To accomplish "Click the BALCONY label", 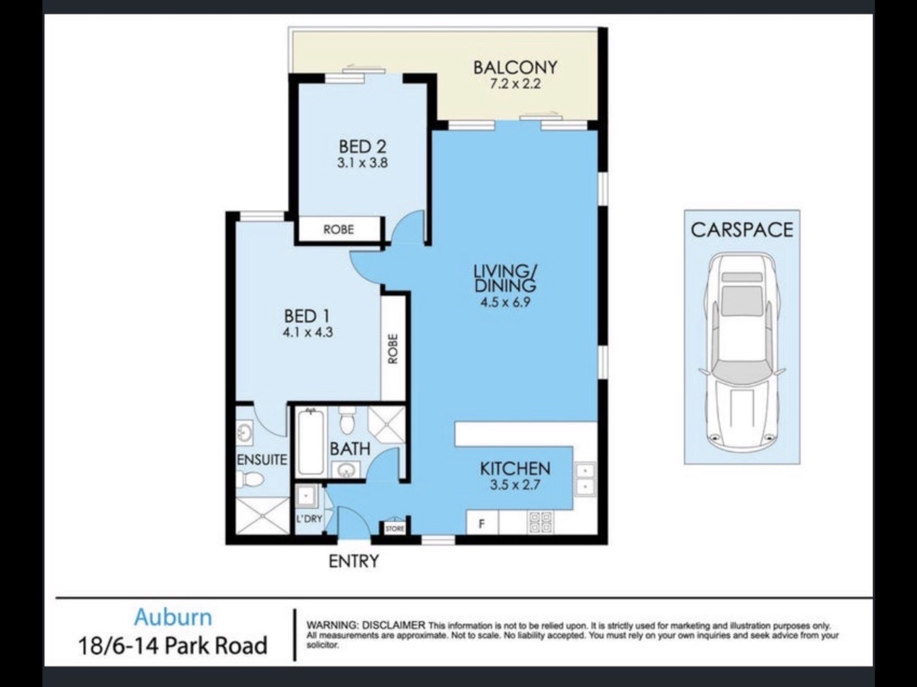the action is [515, 67].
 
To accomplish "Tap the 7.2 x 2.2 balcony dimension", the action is [515, 84].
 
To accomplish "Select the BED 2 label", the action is [363, 147].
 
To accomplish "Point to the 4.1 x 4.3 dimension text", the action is [308, 333].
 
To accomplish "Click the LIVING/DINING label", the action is [505, 278].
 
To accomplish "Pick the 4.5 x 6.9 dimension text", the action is [505, 302].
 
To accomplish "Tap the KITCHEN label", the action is [515, 469].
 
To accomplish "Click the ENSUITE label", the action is [262, 460].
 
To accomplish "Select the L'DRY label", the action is [309, 519].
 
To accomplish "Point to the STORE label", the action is [395, 529].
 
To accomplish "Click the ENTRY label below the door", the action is [354, 562].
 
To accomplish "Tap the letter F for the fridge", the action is [481, 524].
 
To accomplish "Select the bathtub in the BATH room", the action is [311, 442].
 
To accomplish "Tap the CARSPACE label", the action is [742, 230].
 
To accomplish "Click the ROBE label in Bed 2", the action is [339, 229].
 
